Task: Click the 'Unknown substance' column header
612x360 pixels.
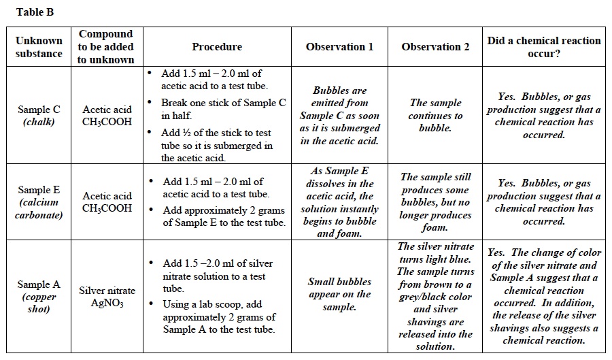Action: [39, 47]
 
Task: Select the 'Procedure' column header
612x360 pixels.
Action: [217, 47]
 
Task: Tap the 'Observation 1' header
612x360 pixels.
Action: [339, 47]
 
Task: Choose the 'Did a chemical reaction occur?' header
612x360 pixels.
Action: [544, 47]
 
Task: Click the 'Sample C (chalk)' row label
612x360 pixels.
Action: [39, 116]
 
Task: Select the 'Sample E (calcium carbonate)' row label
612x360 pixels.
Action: [39, 202]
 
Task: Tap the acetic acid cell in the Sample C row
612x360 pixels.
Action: [107, 116]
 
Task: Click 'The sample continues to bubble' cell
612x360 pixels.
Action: [435, 115]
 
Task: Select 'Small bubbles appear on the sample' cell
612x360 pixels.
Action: [339, 294]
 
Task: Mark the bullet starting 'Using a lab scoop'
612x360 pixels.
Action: [219, 317]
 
